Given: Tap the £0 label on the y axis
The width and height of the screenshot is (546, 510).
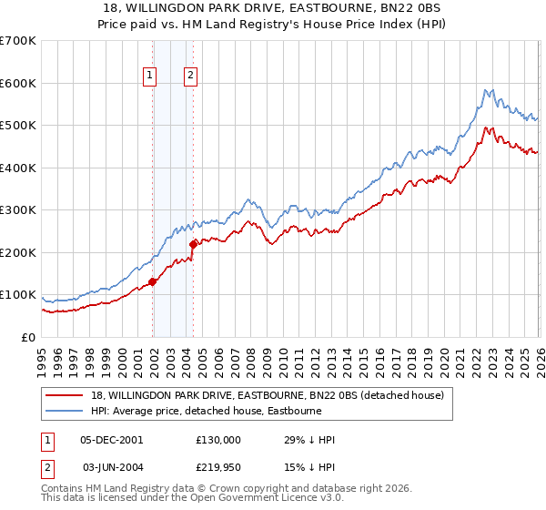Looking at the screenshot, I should [27, 337].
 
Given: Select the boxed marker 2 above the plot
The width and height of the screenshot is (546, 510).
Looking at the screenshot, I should [191, 76].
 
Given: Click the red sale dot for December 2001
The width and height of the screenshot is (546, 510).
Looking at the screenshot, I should [153, 281].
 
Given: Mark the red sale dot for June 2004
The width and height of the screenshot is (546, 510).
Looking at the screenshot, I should [193, 244].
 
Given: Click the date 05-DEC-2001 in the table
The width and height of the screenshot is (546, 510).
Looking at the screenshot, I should [112, 440].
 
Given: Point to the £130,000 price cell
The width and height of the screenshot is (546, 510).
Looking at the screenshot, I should [218, 440].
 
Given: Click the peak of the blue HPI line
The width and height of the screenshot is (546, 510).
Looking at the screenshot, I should [488, 89].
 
